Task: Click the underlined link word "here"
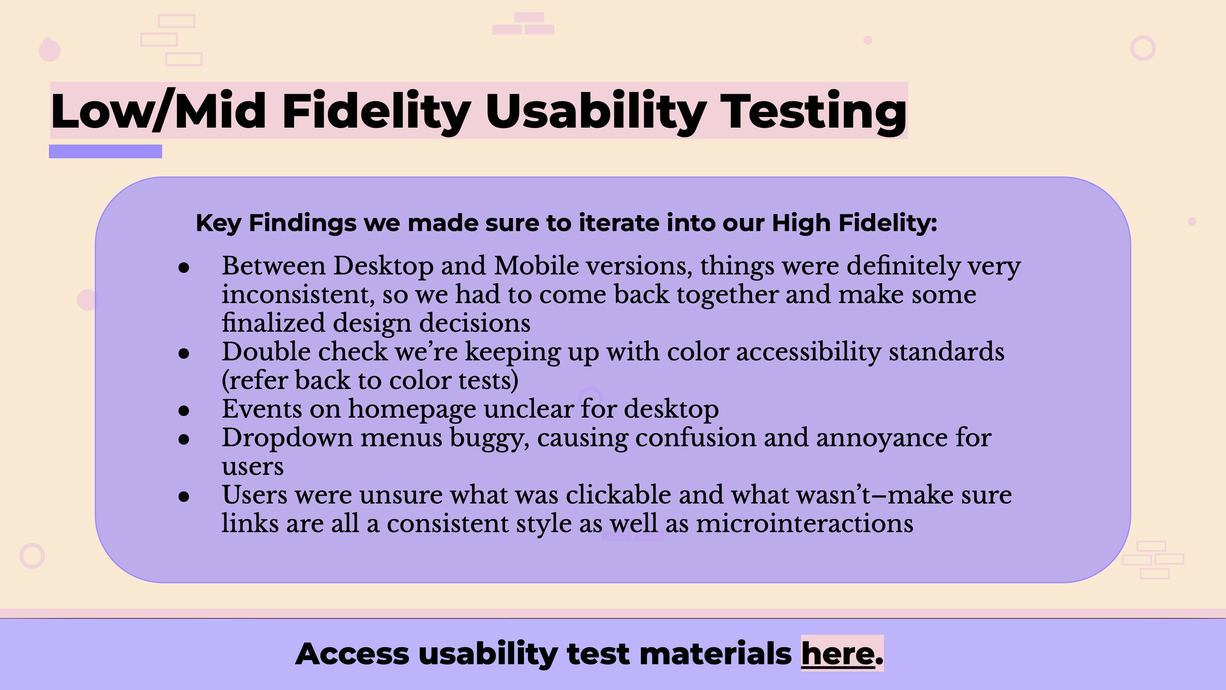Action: coord(838,653)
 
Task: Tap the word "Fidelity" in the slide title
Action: coord(376,112)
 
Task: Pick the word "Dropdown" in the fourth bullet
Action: coord(287,438)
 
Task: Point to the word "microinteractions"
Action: coord(805,524)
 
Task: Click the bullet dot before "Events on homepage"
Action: coord(184,411)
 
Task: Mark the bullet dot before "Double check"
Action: coord(184,353)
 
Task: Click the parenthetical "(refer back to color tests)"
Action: coord(370,381)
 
